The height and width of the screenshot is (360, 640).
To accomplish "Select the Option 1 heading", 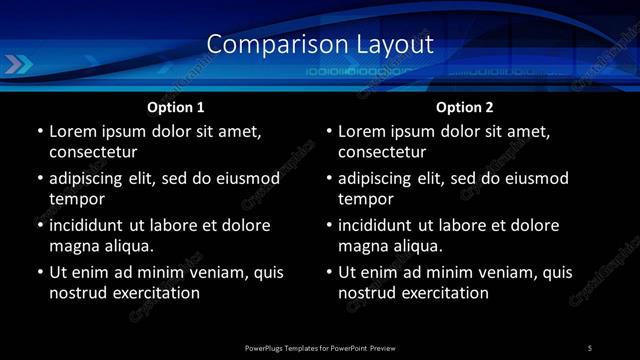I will point(176,106).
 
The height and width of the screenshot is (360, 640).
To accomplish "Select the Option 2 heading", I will point(465,106).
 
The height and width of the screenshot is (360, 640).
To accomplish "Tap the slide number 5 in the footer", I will point(590,347).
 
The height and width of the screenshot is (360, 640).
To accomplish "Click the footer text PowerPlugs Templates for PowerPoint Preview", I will point(320,347).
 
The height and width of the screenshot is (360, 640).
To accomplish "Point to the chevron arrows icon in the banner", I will point(17,65).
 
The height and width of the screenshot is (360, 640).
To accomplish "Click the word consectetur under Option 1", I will point(93,152).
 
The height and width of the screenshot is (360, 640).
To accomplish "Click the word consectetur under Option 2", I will point(382,152).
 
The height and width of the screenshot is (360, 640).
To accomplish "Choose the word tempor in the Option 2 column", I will point(367,198).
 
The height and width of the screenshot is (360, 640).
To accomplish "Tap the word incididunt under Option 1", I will point(92,225).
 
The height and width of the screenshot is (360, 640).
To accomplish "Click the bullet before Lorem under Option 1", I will point(40,132).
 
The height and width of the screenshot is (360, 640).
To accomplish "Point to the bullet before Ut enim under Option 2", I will point(329,272).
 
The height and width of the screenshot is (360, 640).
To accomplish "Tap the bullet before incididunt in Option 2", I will point(329,226).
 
